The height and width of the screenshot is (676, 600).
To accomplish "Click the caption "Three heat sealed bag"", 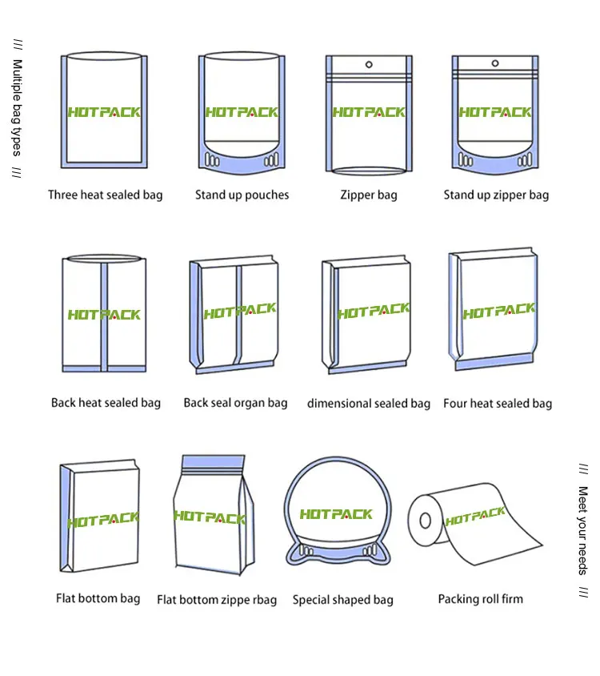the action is click(105, 195).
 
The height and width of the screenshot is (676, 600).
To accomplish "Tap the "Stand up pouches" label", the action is click(242, 195).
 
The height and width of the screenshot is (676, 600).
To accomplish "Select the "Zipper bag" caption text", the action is click(368, 195).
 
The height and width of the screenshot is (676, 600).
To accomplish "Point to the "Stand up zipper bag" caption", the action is click(496, 195).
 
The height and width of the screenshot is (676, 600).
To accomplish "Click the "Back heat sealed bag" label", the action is click(106, 403).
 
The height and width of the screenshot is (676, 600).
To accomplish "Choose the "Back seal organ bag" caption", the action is click(235, 403).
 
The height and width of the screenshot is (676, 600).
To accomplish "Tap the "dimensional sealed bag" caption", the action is click(368, 404).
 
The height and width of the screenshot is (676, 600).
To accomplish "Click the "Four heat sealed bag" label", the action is click(498, 404).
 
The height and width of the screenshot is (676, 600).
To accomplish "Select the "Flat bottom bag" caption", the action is click(98, 598).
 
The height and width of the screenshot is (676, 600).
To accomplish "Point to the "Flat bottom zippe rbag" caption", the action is click(217, 600).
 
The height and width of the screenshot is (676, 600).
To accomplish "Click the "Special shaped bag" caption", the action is click(342, 599).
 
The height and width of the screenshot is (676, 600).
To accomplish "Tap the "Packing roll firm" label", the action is click(480, 598).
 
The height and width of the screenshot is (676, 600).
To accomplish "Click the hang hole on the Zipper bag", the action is click(369, 64).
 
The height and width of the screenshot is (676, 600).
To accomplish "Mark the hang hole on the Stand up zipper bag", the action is click(496, 64).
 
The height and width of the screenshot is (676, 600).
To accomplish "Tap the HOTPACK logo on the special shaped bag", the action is click(336, 513).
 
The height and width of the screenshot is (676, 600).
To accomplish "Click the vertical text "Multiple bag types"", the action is click(18, 107).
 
